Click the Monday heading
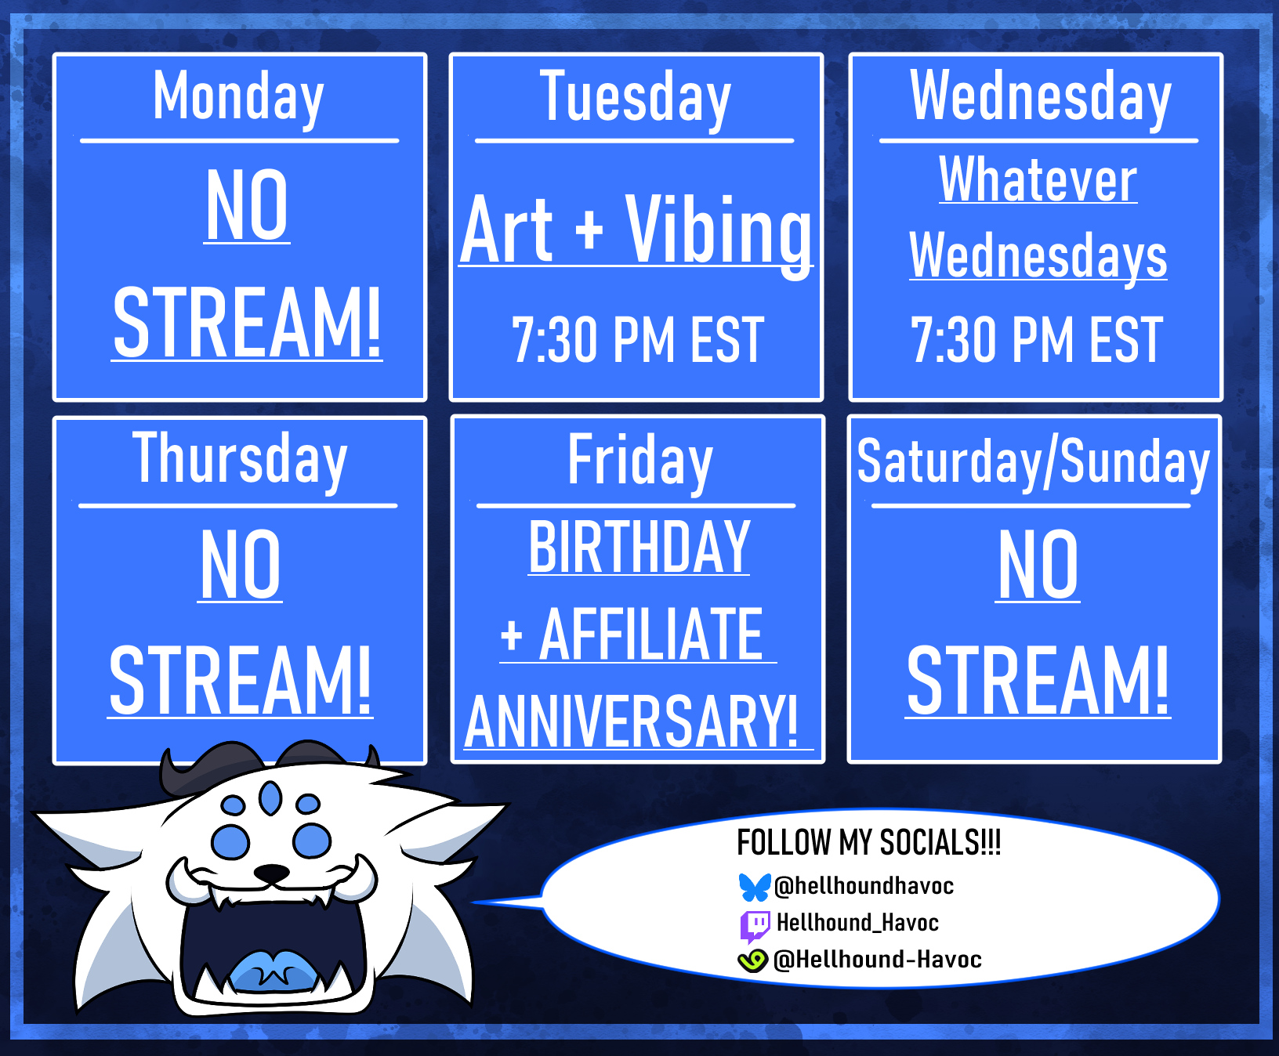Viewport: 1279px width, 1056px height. click(x=239, y=97)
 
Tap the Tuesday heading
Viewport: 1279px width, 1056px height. click(x=636, y=97)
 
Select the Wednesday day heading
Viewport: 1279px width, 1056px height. click(x=1041, y=97)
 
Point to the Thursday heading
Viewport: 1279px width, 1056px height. click(x=240, y=460)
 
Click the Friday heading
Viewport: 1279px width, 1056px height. click(x=639, y=461)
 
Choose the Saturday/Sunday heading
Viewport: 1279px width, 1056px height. click(x=1034, y=462)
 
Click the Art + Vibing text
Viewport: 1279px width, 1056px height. click(x=636, y=231)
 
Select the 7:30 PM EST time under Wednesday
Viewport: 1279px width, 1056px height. click(x=1037, y=340)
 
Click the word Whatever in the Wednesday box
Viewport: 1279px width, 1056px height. click(x=1038, y=179)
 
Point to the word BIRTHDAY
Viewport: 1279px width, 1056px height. click(x=639, y=547)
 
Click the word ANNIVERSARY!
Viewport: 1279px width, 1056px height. click(x=632, y=721)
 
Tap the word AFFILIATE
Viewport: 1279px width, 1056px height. click(x=650, y=635)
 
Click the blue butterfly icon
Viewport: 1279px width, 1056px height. click(x=755, y=887)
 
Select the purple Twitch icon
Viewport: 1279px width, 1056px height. click(x=755, y=925)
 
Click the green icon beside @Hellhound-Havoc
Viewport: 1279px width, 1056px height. click(x=753, y=960)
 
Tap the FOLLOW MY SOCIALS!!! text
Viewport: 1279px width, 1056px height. click(x=869, y=843)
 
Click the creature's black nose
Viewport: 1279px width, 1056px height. click(x=272, y=873)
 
